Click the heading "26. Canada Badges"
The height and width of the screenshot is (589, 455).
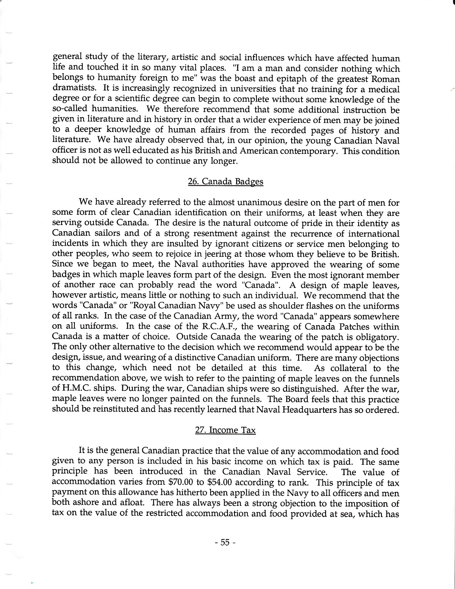point(225,182)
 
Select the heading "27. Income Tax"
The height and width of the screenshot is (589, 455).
point(225,430)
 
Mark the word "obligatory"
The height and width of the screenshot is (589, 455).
point(378,337)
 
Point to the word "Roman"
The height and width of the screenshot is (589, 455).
point(386,79)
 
